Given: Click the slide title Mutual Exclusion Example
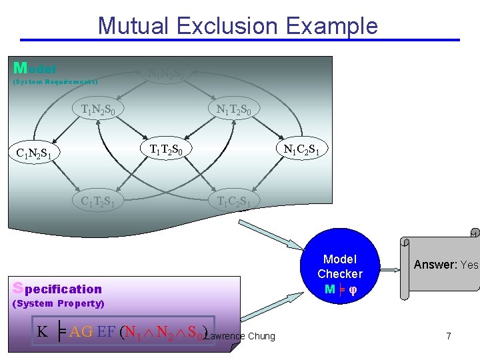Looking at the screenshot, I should (237, 26).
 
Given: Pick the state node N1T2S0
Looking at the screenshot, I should (234, 109).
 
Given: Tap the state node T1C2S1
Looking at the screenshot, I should (233, 201).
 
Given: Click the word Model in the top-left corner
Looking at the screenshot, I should (35, 68).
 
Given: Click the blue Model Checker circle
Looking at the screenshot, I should (340, 274).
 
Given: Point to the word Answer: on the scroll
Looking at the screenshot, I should (435, 265).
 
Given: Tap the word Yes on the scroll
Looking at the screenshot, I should (469, 265).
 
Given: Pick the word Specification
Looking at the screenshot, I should (58, 289).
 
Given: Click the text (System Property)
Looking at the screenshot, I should (59, 304).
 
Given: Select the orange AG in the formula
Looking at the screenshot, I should (81, 332).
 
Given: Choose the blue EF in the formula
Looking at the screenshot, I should (106, 332).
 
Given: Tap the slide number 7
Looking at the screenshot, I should (449, 336).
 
